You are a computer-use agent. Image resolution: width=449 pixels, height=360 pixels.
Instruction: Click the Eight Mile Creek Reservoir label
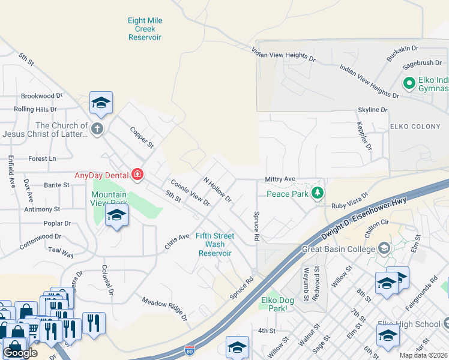[x=145, y=29]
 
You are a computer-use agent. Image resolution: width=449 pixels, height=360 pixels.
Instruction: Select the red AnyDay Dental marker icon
[x=137, y=175]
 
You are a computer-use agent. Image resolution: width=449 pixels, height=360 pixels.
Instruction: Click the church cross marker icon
[x=97, y=128]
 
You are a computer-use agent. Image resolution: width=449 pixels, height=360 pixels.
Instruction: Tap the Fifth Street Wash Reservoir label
[x=215, y=244]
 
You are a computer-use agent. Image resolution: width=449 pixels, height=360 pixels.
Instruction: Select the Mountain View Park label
[x=109, y=199]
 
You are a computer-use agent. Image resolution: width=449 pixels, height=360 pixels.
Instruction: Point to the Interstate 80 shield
[x=190, y=349]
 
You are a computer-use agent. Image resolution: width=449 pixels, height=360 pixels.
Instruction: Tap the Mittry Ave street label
[x=280, y=179]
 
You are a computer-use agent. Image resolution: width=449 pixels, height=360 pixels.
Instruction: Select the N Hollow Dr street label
[x=217, y=190]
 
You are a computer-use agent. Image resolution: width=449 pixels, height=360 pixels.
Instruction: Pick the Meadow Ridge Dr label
[x=164, y=308]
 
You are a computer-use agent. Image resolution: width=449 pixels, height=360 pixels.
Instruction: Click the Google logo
[x=20, y=353]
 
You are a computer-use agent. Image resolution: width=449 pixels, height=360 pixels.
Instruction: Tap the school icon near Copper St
[x=101, y=103]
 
